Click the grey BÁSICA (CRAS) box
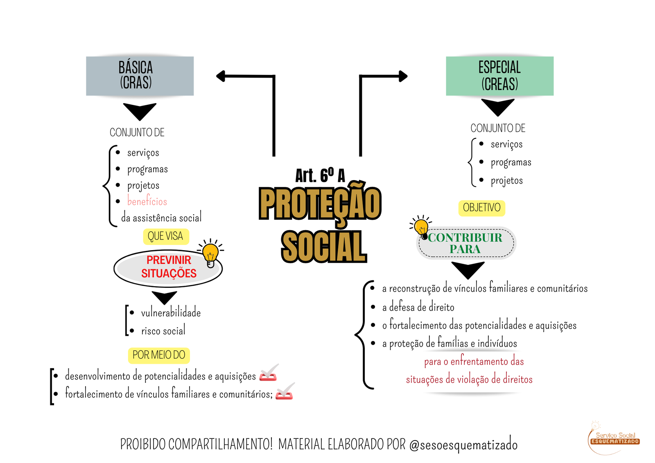140,76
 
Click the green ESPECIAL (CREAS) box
499,76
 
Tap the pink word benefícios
147,201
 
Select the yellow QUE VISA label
165,236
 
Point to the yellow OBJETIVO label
481,208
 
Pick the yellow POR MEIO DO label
159,355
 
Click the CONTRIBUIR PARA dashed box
466,243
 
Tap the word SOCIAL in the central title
323,246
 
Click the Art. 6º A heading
320,176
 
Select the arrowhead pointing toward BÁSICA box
221,76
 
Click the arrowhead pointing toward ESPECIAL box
403,76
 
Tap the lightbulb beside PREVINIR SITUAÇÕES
211,253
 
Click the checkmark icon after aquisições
269,373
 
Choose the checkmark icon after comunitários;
285,392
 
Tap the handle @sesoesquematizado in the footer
463,445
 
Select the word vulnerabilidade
171,313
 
